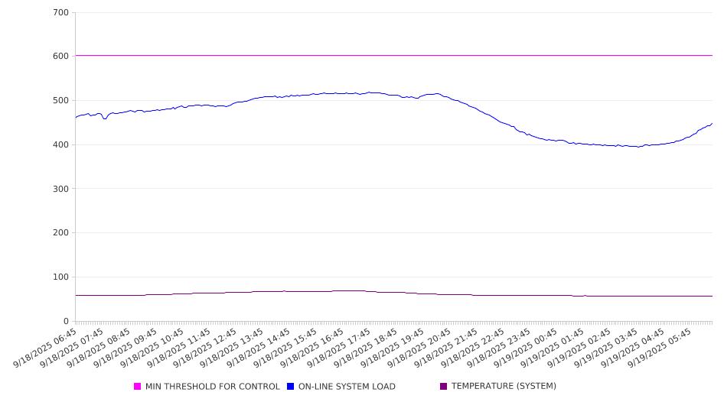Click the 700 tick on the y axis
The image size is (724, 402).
point(61,13)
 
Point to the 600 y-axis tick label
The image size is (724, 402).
point(61,57)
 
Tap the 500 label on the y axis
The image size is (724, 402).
point(61,101)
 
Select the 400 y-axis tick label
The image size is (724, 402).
point(61,145)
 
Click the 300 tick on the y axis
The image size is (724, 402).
point(61,189)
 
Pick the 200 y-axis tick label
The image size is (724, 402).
point(61,233)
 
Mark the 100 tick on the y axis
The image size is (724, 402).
point(61,277)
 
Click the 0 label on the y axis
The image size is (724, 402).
point(67,321)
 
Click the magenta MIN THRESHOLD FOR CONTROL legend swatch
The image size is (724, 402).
point(138,387)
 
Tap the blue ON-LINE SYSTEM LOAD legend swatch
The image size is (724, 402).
point(291,387)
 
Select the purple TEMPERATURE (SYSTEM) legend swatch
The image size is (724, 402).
point(444,387)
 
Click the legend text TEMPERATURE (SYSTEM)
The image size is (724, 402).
point(504,387)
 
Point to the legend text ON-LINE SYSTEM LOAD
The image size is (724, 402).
point(347,387)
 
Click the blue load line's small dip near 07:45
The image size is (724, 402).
point(105,118)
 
